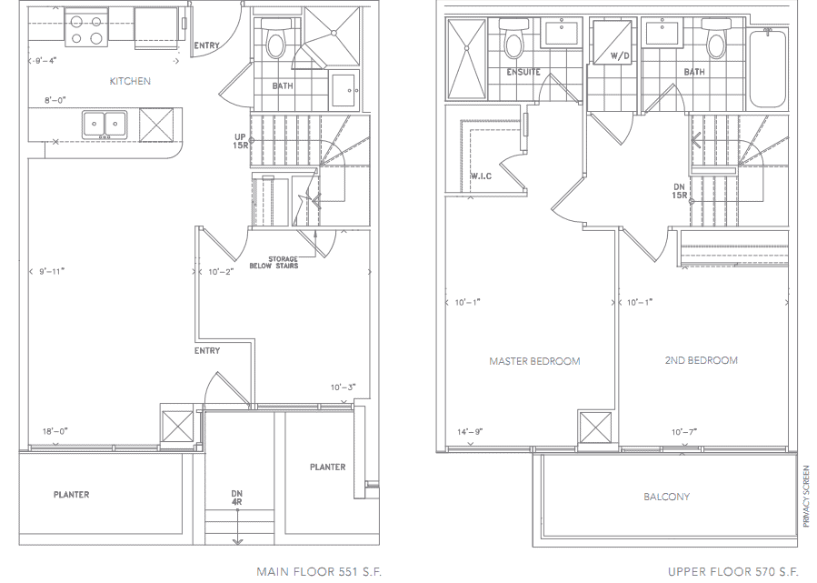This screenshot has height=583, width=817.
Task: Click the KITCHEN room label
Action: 130,81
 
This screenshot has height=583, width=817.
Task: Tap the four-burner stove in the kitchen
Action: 86,29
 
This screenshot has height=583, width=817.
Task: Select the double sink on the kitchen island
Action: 105,125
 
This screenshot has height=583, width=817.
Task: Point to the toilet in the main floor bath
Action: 275,40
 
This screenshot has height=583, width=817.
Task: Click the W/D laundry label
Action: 620,55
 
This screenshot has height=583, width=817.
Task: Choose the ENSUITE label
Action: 523,72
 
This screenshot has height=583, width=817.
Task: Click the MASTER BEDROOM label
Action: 534,361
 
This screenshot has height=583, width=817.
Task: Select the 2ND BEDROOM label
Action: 701,360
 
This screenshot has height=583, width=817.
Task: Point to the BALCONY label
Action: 666,497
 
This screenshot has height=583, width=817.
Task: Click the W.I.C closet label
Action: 481,176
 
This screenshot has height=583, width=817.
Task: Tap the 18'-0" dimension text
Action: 55,431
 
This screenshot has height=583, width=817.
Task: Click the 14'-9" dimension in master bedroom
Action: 470,431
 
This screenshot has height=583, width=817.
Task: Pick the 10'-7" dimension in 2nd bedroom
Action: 684,431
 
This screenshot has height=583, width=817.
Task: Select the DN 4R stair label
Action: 237,498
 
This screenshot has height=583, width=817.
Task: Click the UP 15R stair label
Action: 240,141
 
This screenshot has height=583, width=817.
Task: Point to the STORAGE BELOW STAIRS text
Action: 274,262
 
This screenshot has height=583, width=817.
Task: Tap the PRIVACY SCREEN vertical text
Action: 807,496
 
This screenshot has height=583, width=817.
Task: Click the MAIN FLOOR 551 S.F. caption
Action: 319,571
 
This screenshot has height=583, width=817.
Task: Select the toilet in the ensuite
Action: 513,39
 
